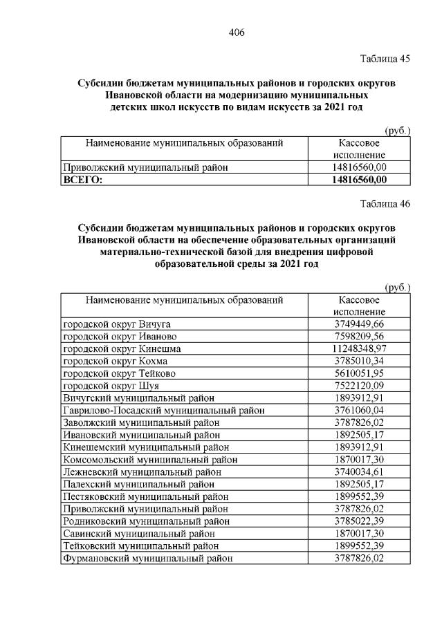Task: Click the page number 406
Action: tap(237, 32)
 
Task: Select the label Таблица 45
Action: tap(386, 59)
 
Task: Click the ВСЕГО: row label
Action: tap(82, 180)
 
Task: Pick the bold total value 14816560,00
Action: tap(359, 180)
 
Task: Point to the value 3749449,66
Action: tap(359, 324)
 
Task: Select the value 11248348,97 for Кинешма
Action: tap(359, 348)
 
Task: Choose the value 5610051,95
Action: tap(359, 373)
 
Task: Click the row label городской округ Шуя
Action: tap(111, 385)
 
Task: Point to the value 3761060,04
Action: tap(359, 410)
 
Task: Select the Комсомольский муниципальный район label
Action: tap(145, 459)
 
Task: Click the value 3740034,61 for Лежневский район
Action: tap(359, 472)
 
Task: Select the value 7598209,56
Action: tap(359, 336)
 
